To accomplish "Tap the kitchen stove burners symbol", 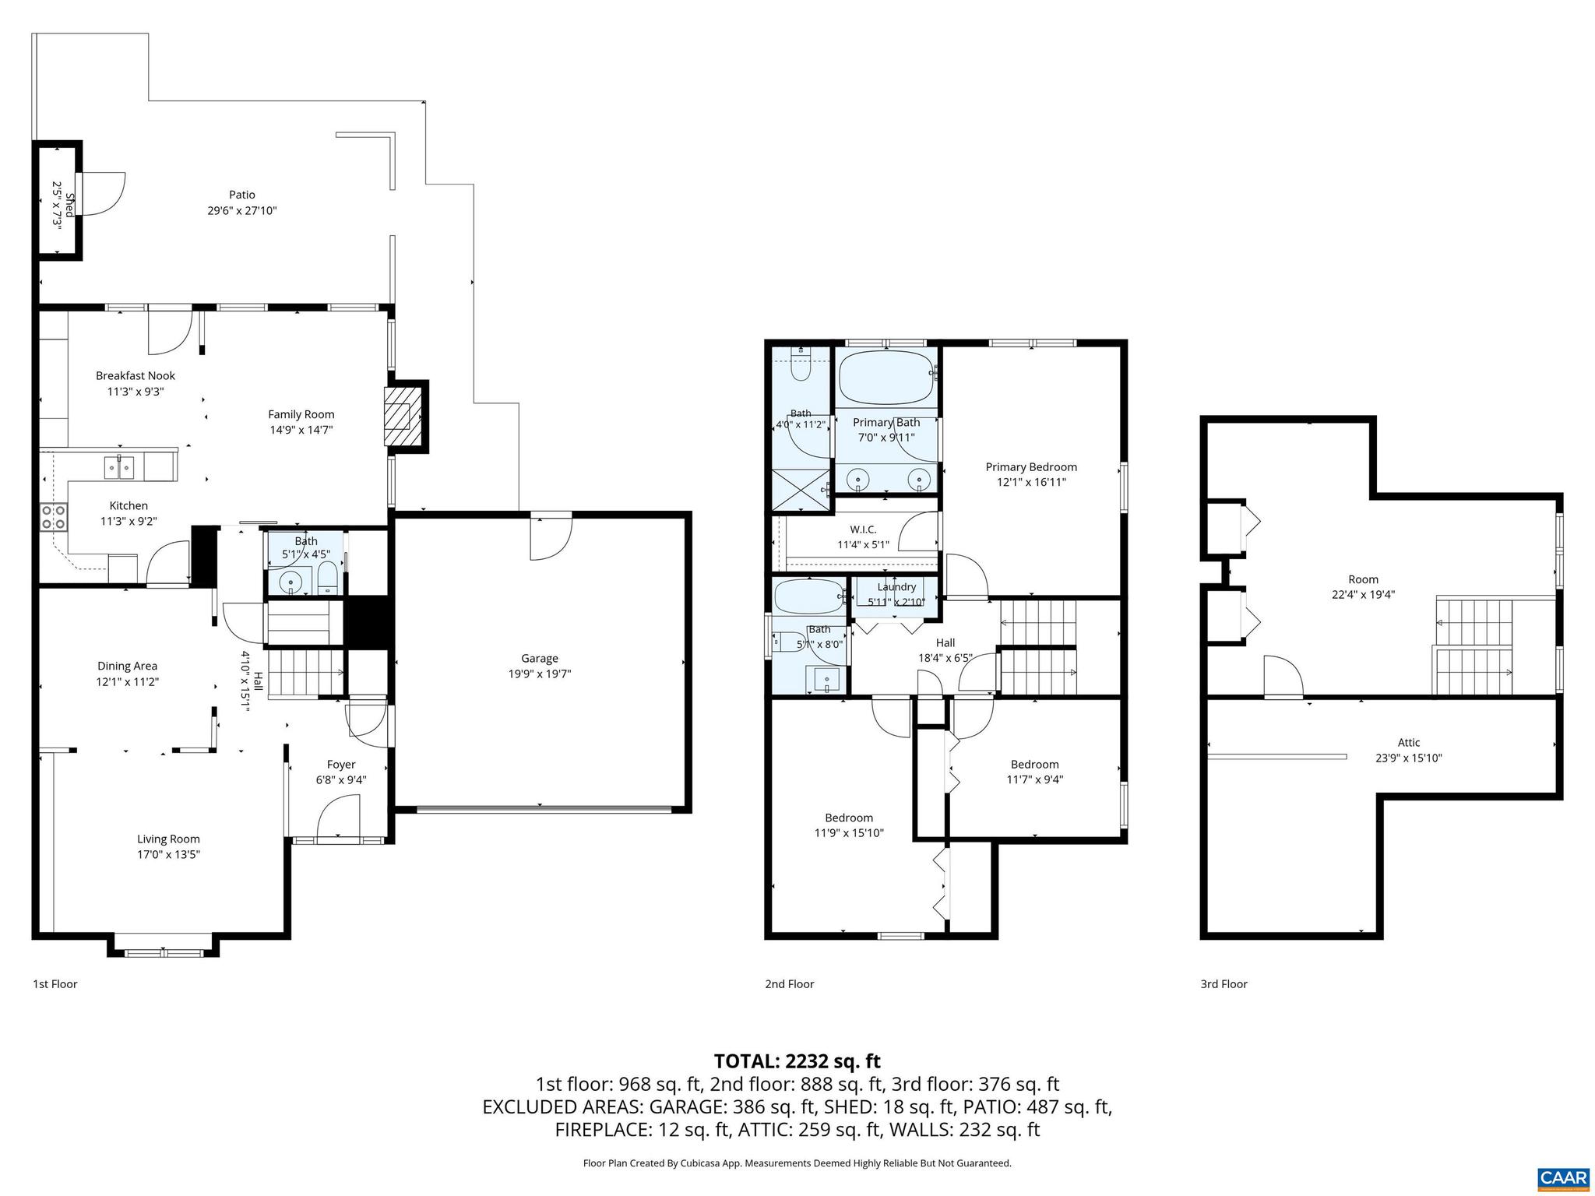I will pos(54,517).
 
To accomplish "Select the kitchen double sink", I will pos(120,468).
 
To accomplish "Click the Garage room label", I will pos(540,659).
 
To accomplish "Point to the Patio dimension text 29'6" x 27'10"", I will pos(242,210).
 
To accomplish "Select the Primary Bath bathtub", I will pos(886,375).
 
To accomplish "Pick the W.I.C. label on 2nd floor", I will pos(863,529).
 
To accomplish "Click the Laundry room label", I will pos(896,587).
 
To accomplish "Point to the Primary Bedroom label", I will pos(1031,467).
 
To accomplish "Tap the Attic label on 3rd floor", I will pos(1408,743).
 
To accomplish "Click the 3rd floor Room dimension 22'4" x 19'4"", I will pos(1363,594).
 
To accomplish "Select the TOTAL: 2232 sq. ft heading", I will pos(797,1061).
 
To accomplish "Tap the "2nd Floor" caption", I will pos(789,984).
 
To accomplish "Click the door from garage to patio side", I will pos(550,537).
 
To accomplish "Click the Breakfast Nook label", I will pos(136,376).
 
